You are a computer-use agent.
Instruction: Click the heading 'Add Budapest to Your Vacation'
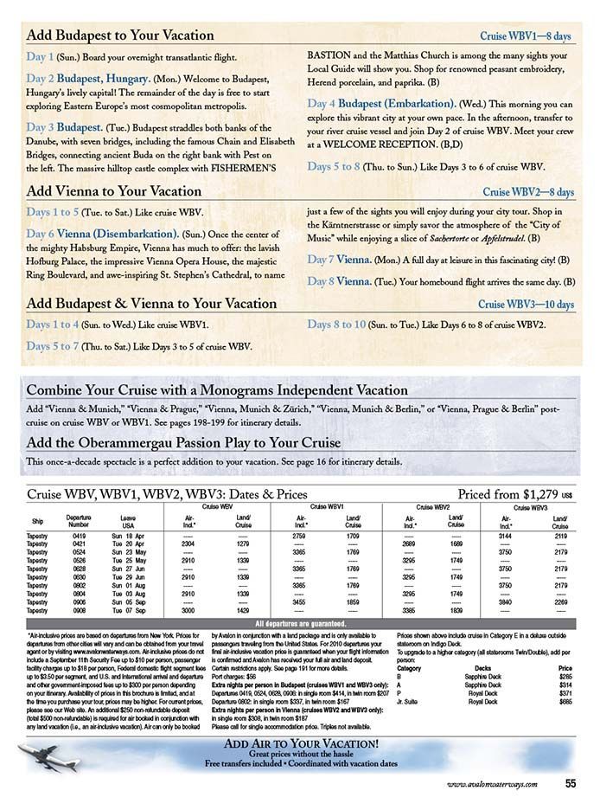pos(120,35)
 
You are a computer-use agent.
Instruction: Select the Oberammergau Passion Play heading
pos(183,443)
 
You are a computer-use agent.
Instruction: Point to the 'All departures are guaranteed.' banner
pos(300,623)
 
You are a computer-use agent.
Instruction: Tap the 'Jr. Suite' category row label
pos(409,701)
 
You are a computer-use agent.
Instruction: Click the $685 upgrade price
pos(565,701)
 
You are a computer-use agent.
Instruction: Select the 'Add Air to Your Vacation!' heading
pos(300,743)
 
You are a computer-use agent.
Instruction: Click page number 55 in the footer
pos(571,784)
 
